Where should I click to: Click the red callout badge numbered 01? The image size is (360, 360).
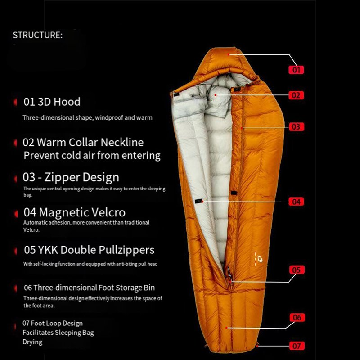point(297,70)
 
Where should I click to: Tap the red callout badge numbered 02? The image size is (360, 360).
point(296,95)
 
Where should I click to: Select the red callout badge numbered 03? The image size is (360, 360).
point(296,127)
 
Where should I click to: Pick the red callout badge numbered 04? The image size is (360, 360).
point(296,202)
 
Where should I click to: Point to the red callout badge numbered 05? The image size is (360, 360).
point(296,270)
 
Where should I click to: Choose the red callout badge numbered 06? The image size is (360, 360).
point(297,318)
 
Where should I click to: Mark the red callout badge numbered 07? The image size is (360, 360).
point(297,346)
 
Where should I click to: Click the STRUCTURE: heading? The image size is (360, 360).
point(37,35)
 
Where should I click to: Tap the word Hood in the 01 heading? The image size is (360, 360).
point(67,102)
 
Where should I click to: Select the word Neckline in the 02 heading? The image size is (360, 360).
point(122,143)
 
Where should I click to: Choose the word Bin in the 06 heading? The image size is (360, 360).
point(148,288)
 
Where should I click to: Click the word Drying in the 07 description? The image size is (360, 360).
point(32,342)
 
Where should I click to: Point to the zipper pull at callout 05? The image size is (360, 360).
point(229,272)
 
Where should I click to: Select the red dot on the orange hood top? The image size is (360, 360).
point(229,54)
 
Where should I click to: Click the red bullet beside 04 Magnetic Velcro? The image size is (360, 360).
point(14,212)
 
